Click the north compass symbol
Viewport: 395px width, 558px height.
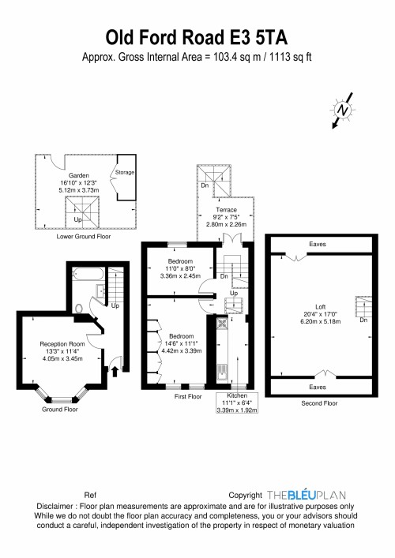[x=343, y=110]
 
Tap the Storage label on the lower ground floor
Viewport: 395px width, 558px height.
[x=125, y=172]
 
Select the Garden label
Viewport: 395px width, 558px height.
[x=79, y=175]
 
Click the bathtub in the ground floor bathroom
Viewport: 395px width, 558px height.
[x=88, y=275]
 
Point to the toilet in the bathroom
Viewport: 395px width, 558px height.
[x=78, y=308]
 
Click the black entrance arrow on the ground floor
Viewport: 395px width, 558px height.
[x=115, y=371]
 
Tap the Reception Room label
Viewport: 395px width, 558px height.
[x=62, y=344]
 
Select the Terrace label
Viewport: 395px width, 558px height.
[x=226, y=210]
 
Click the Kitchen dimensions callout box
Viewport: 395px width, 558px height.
[x=237, y=403]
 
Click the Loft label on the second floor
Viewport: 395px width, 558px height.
[x=320, y=307]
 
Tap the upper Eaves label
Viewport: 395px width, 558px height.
[x=318, y=244]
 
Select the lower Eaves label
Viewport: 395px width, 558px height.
[x=318, y=387]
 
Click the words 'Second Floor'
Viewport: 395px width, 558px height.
[x=319, y=403]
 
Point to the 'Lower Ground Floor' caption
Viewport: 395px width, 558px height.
[x=84, y=236]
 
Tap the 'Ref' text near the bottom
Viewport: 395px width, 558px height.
[x=90, y=495]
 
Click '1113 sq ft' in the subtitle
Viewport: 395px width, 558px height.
[x=291, y=57]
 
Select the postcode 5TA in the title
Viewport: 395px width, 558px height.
[x=272, y=38]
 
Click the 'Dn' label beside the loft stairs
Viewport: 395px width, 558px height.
[x=363, y=320]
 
